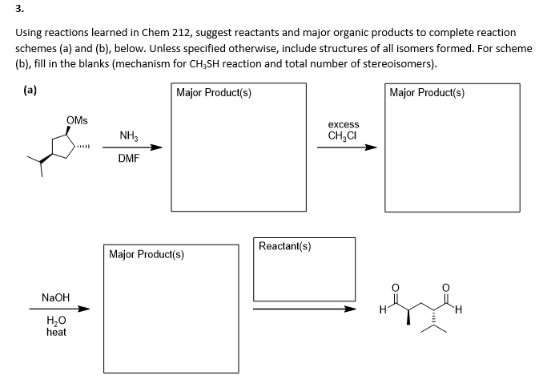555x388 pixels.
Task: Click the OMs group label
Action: click(78, 120)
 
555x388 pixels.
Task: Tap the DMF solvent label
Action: click(128, 159)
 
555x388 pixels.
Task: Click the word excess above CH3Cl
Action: click(344, 125)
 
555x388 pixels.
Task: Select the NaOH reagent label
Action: click(56, 297)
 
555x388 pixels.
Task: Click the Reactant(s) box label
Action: click(284, 246)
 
